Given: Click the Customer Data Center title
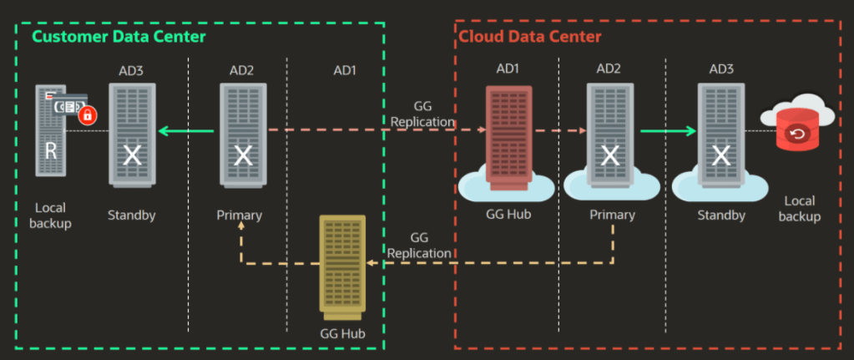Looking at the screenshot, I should [119, 37].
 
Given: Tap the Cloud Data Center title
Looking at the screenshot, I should [529, 37].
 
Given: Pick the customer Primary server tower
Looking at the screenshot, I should [243, 134].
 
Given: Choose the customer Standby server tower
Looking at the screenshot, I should [131, 134].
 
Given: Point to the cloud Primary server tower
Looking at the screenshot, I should [611, 134].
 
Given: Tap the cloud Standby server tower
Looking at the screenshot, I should [720, 134].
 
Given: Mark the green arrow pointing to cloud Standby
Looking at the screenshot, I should [668, 130].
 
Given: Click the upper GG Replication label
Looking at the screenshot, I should [423, 114].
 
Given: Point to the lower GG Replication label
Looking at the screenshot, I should [420, 245].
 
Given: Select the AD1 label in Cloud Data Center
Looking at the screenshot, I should [508, 68].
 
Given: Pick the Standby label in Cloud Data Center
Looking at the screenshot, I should [721, 215].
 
